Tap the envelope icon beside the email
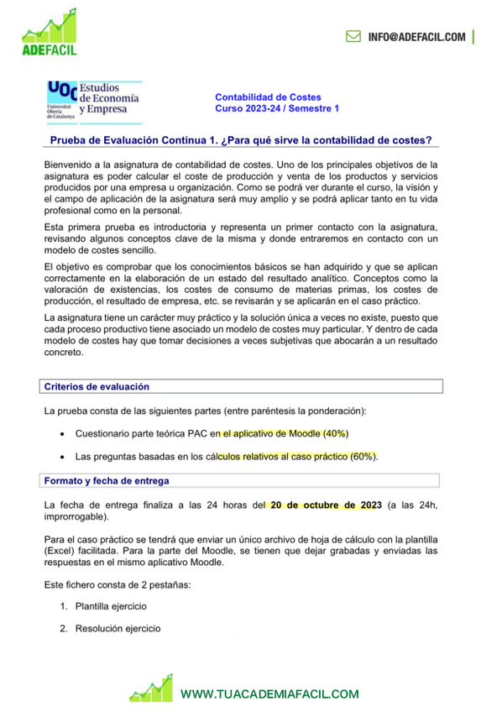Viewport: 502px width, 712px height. pyautogui.click(x=354, y=37)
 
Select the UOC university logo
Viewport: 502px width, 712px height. pyautogui.click(x=94, y=100)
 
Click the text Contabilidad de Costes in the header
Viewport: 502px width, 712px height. pyautogui.click(x=268, y=97)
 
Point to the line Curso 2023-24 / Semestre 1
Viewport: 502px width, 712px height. pyautogui.click(x=277, y=109)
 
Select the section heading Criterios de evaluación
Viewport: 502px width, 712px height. pyautogui.click(x=97, y=386)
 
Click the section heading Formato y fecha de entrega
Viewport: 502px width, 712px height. pyautogui.click(x=107, y=481)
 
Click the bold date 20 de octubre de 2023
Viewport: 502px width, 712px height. pyautogui.click(x=325, y=505)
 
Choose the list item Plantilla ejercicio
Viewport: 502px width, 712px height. pyautogui.click(x=110, y=605)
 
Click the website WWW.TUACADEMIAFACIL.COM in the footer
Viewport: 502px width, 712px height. pyautogui.click(x=269, y=694)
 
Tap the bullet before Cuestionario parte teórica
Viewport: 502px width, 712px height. pyautogui.click(x=65, y=434)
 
